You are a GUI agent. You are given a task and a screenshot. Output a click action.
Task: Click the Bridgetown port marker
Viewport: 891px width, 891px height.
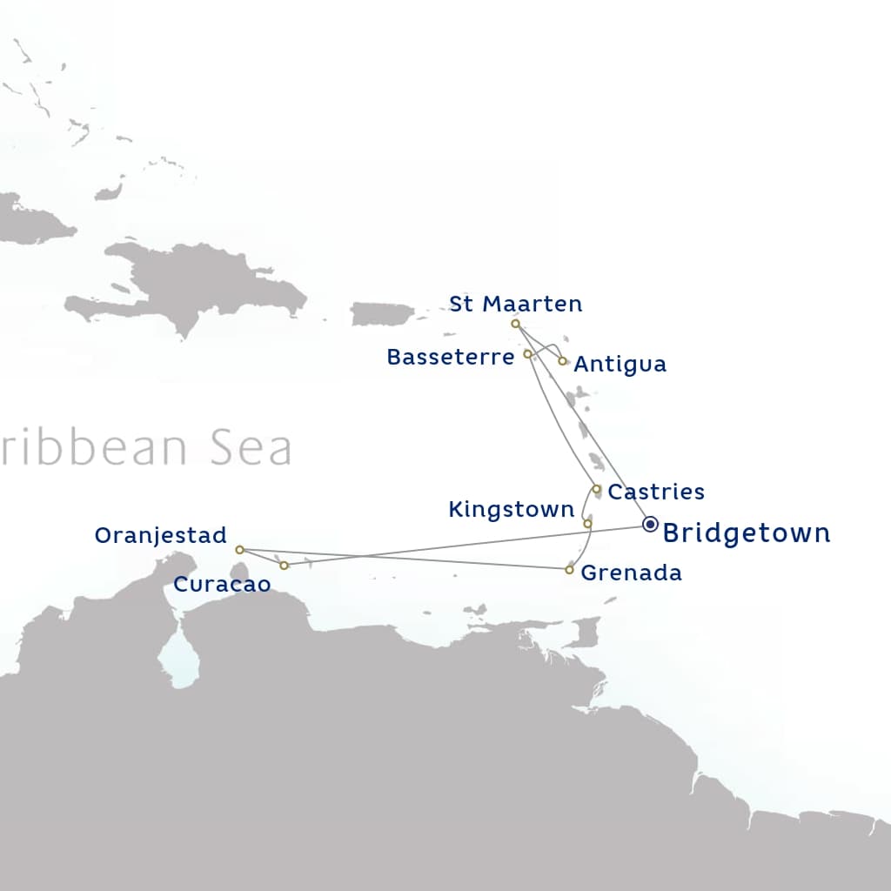(x=650, y=524)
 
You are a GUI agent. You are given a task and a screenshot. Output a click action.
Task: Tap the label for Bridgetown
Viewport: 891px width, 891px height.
(x=747, y=533)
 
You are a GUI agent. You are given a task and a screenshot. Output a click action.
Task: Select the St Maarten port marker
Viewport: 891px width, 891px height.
(x=515, y=324)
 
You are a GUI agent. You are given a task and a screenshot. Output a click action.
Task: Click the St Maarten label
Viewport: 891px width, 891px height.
(x=515, y=304)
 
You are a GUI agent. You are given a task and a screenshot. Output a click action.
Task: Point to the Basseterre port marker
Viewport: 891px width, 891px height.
(x=527, y=354)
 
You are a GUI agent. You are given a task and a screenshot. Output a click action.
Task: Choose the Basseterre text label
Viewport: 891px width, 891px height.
(x=450, y=357)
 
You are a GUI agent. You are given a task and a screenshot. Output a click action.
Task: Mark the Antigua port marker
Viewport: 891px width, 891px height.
(x=563, y=361)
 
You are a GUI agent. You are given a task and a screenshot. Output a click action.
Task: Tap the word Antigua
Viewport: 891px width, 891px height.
(x=620, y=365)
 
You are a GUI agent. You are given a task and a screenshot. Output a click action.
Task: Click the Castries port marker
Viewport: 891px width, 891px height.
(x=597, y=489)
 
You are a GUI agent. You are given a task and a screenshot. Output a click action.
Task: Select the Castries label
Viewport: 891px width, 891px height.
(x=656, y=492)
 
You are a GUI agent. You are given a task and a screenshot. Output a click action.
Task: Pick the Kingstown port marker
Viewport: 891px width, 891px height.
(x=587, y=524)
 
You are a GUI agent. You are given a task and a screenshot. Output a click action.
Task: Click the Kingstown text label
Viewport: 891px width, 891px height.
(x=511, y=510)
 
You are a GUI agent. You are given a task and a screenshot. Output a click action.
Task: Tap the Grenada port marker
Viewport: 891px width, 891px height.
(x=569, y=570)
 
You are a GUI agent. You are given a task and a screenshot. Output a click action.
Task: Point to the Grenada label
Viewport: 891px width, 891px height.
(x=631, y=573)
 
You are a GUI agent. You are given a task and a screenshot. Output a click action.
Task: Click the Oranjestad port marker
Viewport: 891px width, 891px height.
(x=239, y=550)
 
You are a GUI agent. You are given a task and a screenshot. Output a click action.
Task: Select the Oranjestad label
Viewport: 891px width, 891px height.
(x=160, y=535)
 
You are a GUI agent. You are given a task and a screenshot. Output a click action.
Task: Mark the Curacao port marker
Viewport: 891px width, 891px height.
(x=284, y=566)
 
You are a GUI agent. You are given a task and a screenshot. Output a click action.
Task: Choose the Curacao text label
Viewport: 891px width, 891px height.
(x=222, y=585)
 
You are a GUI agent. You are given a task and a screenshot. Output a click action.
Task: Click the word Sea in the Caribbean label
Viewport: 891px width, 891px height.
(x=249, y=448)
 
